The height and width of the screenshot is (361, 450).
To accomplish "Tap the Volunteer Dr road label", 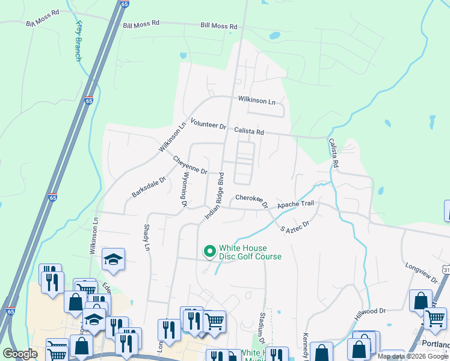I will [208, 124].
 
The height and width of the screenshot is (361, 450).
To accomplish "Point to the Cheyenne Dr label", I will [190, 165].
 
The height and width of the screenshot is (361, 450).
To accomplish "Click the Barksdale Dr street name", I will [148, 187].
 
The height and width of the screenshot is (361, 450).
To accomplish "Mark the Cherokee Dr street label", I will [251, 201].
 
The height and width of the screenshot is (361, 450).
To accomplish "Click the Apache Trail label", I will [295, 205].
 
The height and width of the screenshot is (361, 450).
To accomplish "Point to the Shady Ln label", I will [146, 238].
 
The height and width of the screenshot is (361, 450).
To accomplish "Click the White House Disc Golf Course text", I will [250, 252].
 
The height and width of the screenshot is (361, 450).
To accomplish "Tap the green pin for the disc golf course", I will [209, 251].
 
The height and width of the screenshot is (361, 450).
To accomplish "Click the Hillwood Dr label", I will [370, 311].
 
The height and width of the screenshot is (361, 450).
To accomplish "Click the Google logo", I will [20, 354].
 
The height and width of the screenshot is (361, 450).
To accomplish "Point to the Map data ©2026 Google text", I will [413, 356].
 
